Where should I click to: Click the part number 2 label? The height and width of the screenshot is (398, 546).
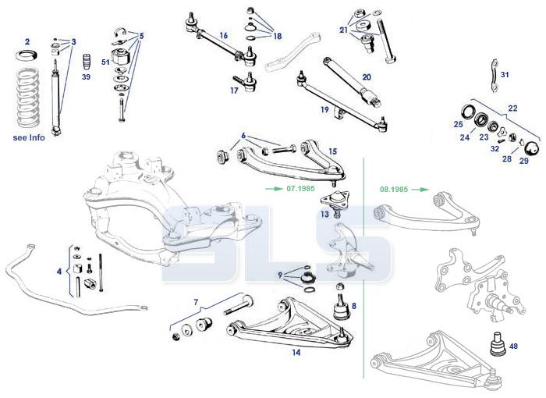pos(27,41)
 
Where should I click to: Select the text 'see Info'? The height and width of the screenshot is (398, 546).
pos(30,138)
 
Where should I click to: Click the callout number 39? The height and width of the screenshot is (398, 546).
pos(87,78)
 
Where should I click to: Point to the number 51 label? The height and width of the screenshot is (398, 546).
pos(105,62)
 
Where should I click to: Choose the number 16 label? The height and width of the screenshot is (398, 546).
pos(223,35)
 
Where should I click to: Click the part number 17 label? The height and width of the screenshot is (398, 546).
pos(234,91)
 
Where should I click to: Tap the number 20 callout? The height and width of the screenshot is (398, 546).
pos(366,77)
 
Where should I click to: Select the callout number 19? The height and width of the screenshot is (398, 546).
pos(325,111)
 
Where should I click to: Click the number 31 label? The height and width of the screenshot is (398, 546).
pos(505,74)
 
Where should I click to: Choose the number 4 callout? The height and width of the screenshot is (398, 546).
pos(58,272)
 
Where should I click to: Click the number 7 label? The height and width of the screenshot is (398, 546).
pos(197,301)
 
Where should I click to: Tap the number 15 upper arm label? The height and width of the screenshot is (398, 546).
pos(332,151)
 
